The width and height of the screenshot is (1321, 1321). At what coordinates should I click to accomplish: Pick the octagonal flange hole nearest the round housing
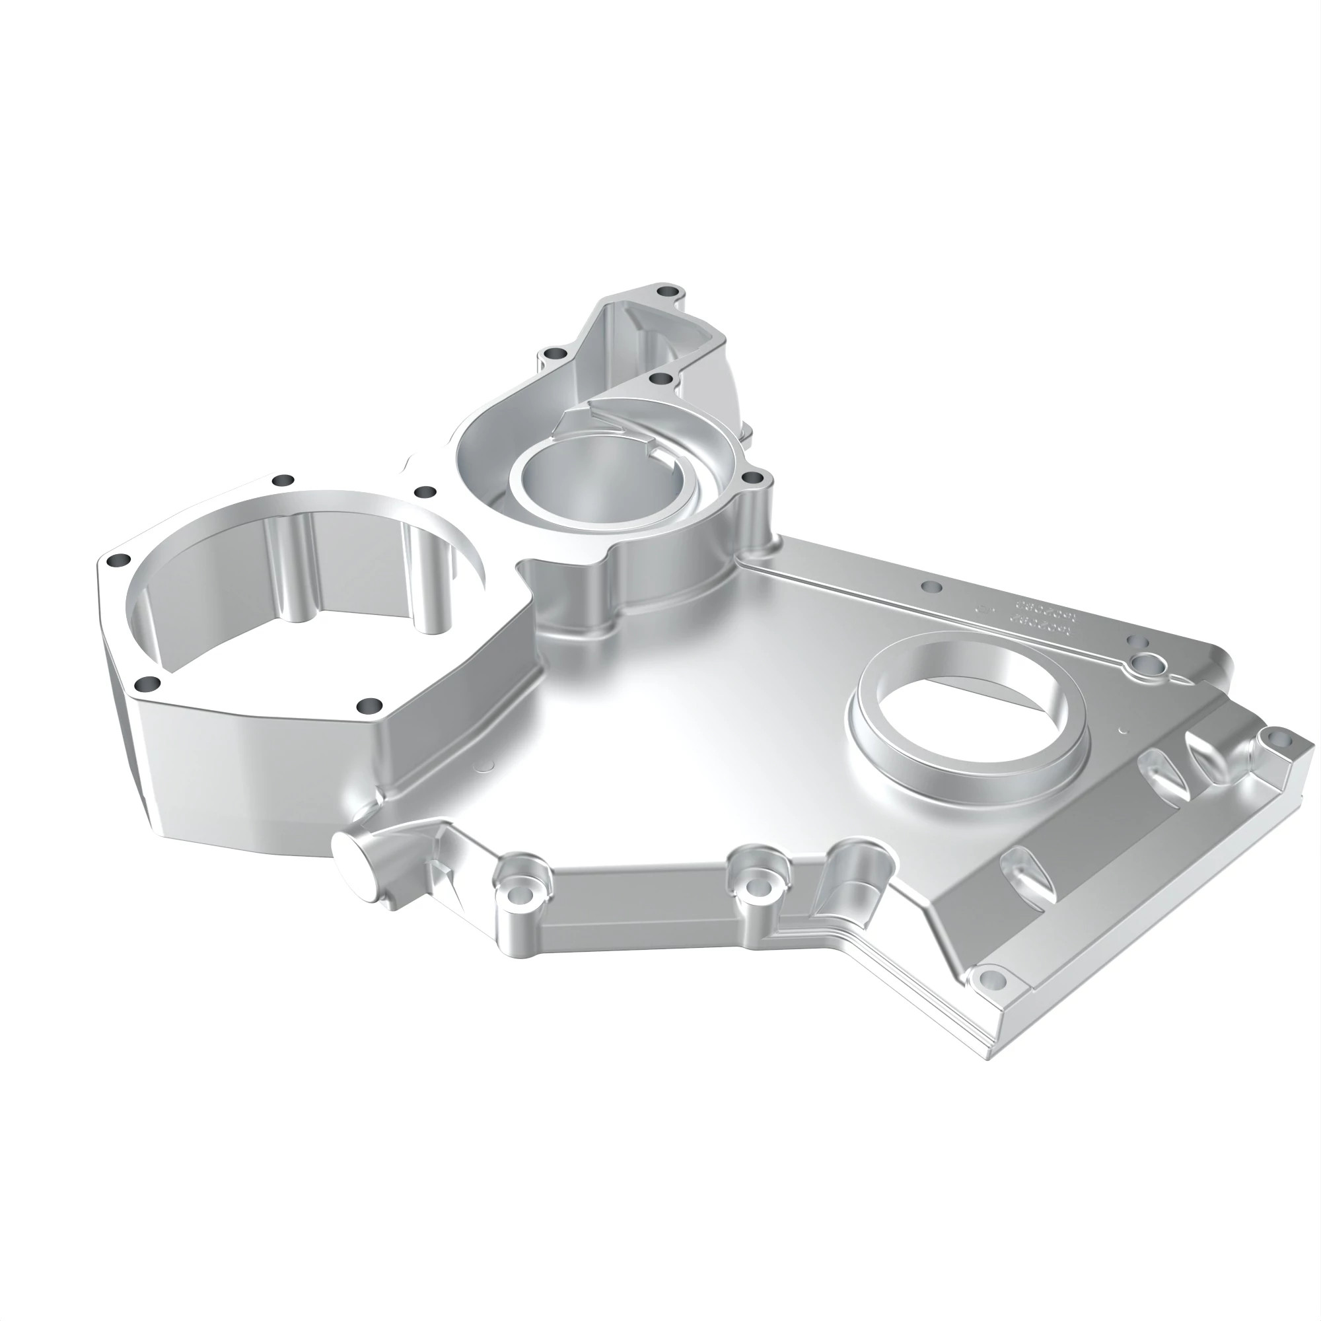[425, 491]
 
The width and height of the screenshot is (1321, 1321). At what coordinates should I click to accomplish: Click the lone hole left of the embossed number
[931, 587]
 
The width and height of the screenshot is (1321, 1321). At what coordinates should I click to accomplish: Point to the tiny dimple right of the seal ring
[1122, 730]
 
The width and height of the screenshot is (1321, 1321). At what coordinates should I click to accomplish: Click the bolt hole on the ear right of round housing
[752, 477]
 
